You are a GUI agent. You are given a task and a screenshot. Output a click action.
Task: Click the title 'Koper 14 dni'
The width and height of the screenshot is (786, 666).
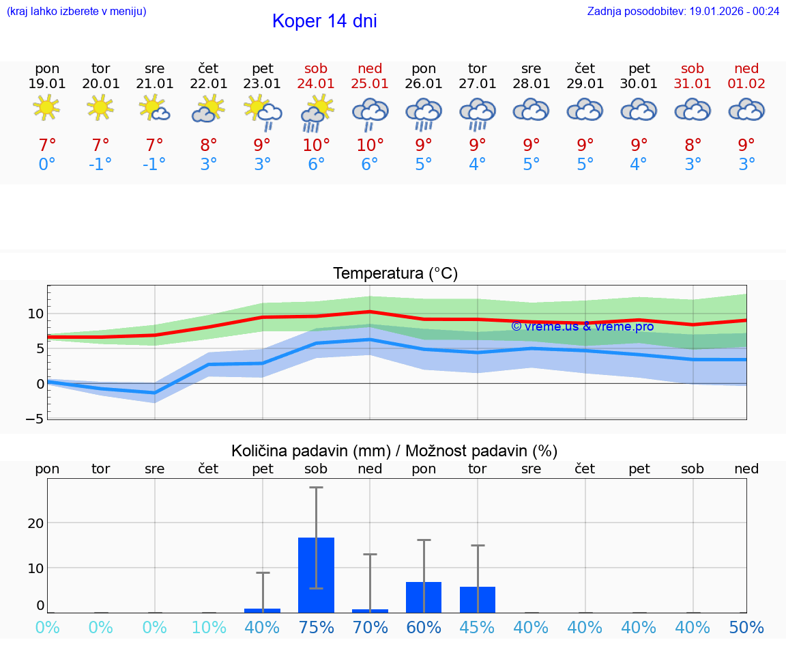324,21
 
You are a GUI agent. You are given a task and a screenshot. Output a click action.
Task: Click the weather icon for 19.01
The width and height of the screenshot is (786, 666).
47,108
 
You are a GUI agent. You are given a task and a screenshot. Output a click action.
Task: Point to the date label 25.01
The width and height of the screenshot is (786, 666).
370,83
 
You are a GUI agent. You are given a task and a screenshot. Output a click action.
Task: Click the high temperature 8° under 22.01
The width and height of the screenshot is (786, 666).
209,145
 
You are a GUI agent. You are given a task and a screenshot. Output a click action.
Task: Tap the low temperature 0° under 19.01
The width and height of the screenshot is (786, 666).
47,164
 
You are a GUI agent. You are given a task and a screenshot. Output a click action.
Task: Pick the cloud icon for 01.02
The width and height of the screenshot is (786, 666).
746,109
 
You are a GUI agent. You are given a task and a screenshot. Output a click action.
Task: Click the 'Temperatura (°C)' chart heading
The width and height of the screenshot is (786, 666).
395,274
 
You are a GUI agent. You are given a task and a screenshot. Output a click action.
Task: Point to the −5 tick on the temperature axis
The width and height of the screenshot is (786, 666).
35,418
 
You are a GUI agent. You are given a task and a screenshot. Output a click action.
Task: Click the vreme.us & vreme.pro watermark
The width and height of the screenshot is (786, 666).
582,326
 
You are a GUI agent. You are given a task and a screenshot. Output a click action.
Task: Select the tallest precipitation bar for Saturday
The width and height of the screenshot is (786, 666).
316,574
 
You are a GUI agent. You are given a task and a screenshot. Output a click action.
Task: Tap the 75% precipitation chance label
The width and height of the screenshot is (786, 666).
316,628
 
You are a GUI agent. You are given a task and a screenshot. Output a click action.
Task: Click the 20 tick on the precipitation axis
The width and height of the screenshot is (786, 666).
35,523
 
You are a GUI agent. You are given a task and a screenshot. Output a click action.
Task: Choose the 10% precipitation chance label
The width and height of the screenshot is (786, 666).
209,628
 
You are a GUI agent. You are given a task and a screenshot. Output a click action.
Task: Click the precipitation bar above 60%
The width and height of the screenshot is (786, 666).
424,597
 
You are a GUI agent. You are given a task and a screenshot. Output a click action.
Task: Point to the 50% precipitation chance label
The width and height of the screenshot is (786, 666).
746,628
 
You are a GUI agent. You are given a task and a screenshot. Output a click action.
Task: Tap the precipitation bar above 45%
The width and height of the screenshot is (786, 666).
478,599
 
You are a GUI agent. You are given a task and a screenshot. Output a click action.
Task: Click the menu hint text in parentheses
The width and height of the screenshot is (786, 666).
76,12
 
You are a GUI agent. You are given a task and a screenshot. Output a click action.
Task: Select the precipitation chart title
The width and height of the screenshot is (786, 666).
394,451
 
